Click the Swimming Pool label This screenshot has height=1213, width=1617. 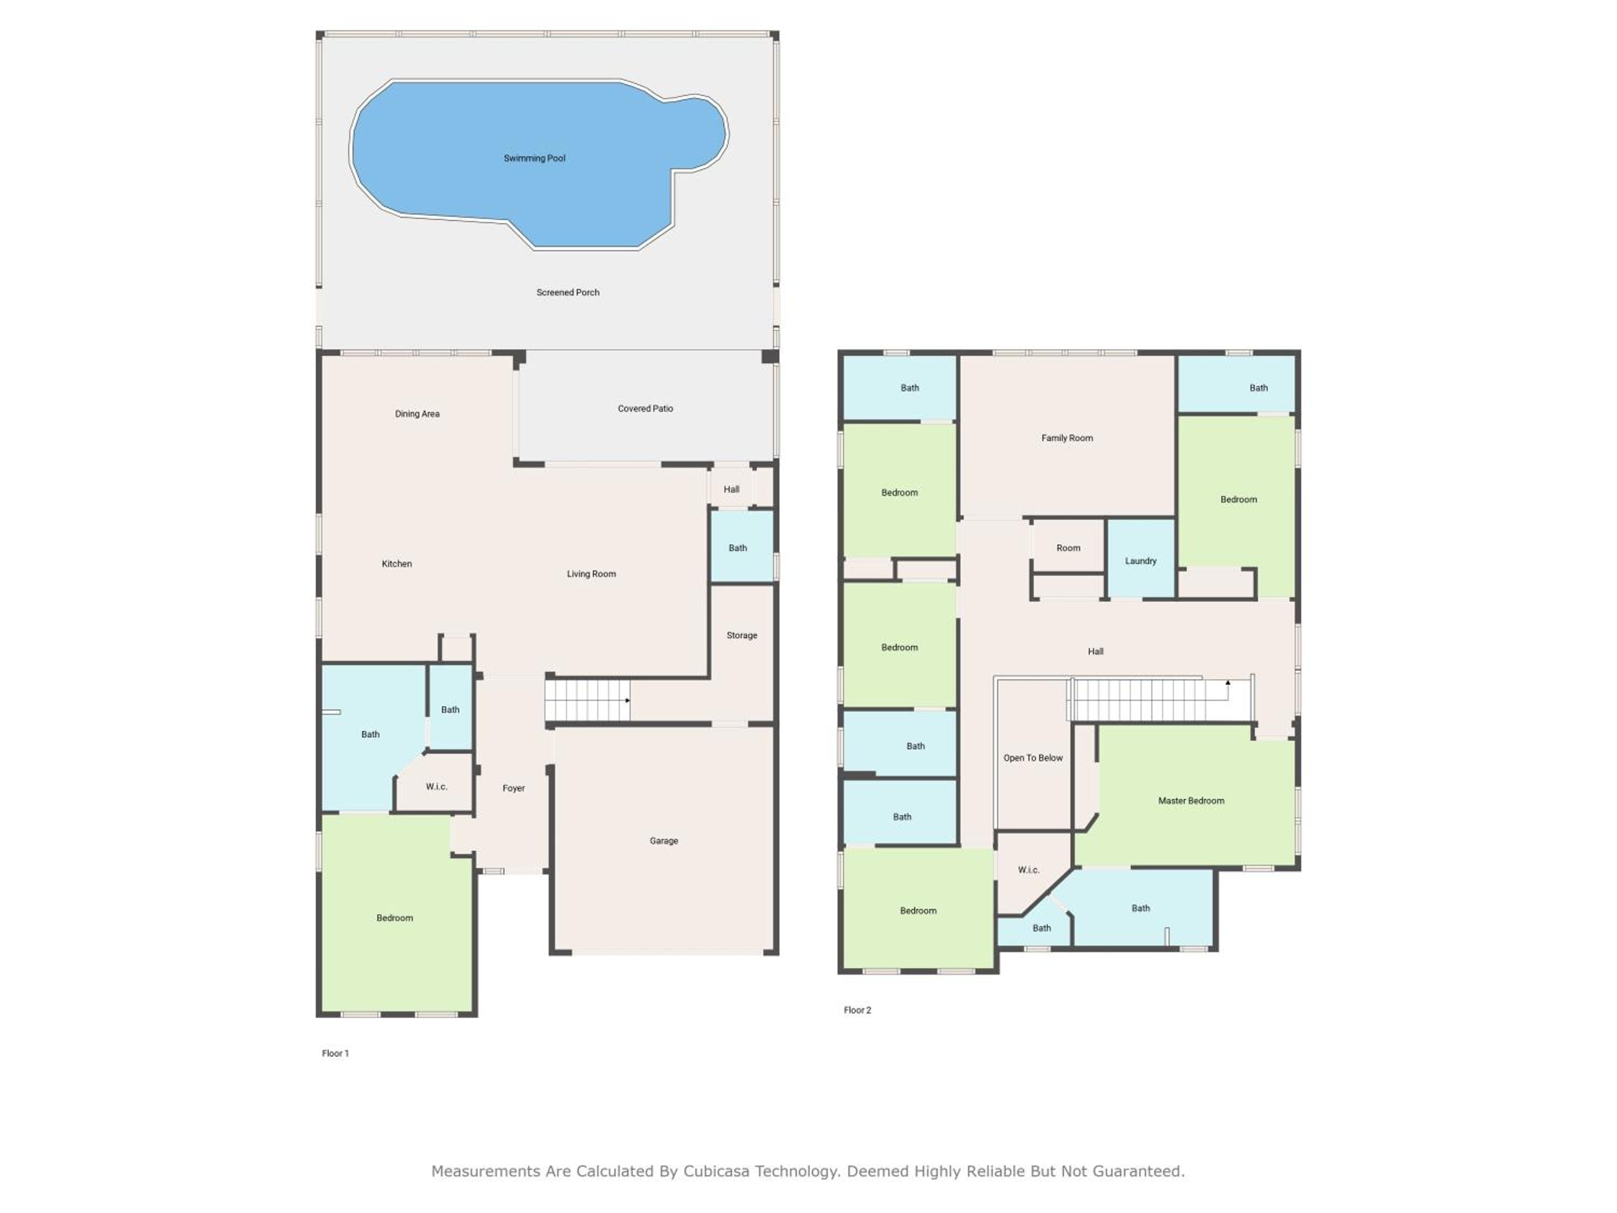click(x=534, y=158)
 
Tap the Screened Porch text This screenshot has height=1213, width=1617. click(x=568, y=292)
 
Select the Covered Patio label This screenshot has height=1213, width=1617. click(x=646, y=409)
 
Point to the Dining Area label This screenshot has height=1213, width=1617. click(x=417, y=414)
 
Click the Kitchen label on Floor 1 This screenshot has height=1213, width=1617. click(x=397, y=564)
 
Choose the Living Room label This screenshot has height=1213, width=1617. click(x=591, y=574)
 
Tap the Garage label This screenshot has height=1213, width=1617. click(x=664, y=841)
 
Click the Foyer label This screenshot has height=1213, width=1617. click(x=514, y=788)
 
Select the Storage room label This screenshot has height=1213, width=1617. click(x=742, y=636)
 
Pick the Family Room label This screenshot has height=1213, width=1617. click(x=1067, y=438)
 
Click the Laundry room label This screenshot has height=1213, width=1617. click(x=1141, y=561)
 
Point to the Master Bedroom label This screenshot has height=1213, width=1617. click(x=1192, y=801)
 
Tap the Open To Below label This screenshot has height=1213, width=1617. click(x=1033, y=758)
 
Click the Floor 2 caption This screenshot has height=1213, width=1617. click(x=858, y=1010)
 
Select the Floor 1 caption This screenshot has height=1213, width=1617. click(x=336, y=1053)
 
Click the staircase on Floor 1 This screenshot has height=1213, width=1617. click(x=588, y=700)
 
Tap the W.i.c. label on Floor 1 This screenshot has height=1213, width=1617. click(x=437, y=787)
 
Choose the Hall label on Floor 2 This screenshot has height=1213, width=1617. click(x=1096, y=651)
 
